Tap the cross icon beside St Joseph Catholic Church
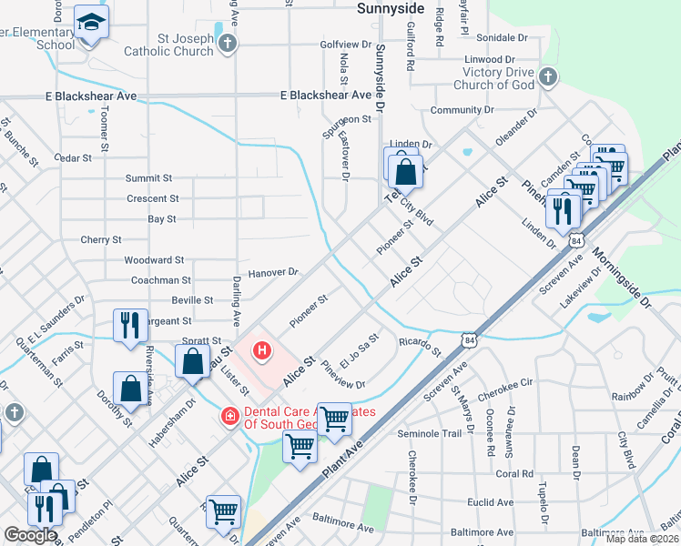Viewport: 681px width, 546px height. click(228, 43)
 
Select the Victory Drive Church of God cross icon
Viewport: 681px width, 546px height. click(547, 76)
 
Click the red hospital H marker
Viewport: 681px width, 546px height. click(262, 349)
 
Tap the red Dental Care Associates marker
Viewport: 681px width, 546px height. click(230, 416)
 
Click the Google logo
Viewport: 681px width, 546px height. click(29, 536)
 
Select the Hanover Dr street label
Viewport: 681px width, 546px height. click(274, 271)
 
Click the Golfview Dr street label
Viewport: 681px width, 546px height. click(346, 44)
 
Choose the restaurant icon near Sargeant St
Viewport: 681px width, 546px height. click(129, 324)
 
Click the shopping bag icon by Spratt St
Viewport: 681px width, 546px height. click(193, 361)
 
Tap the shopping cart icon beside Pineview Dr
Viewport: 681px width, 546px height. click(334, 418)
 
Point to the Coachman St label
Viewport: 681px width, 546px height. click(161, 281)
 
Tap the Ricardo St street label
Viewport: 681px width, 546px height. click(419, 346)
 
